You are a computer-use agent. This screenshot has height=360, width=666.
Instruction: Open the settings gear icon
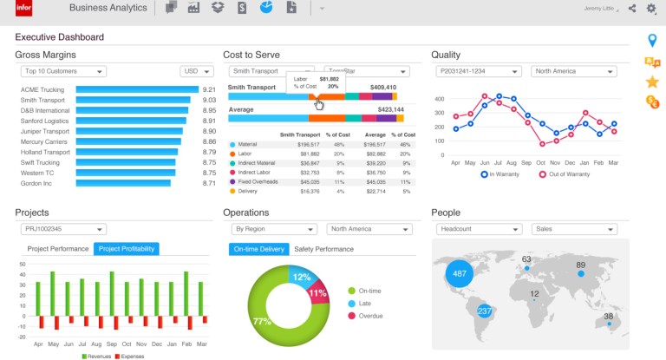click(651, 9)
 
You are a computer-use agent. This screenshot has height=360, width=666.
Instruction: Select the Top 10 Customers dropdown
click(63, 72)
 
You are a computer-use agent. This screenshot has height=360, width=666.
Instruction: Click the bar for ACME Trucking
click(137, 89)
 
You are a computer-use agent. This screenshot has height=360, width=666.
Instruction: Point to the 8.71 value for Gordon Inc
click(209, 183)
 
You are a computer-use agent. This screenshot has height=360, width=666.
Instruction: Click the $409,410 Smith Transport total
click(382, 88)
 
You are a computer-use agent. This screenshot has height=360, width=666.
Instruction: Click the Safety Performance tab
click(323, 249)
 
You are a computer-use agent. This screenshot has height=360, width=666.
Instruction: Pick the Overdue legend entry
click(369, 316)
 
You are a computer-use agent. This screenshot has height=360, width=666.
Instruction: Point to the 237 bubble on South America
click(485, 311)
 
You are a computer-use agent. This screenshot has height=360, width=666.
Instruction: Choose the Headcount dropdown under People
click(480, 229)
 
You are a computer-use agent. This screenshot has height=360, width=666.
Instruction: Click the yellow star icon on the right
click(652, 82)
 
